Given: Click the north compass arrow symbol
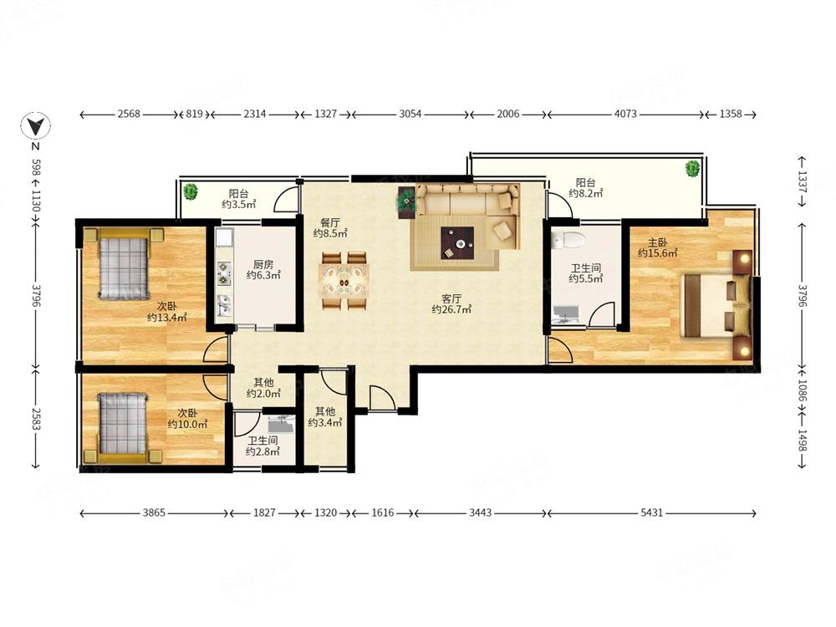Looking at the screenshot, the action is pyautogui.click(x=35, y=126).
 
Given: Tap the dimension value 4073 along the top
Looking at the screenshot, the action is pyautogui.click(x=624, y=114).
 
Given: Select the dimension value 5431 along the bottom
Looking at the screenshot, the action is pyautogui.click(x=651, y=513).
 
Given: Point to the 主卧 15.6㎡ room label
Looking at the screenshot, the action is pyautogui.click(x=657, y=248).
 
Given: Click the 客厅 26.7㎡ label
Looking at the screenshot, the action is pyautogui.click(x=451, y=304).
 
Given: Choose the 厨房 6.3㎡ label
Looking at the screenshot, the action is pyautogui.click(x=263, y=270).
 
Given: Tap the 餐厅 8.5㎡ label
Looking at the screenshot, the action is pyautogui.click(x=330, y=227).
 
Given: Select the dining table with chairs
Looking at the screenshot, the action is pyautogui.click(x=344, y=280).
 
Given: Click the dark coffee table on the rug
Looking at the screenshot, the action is pyautogui.click(x=457, y=242).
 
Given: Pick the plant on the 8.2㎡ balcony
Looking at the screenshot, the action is pyautogui.click(x=692, y=169).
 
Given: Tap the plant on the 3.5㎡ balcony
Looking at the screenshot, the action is pyautogui.click(x=191, y=192).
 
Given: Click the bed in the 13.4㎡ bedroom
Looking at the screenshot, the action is pyautogui.click(x=123, y=263).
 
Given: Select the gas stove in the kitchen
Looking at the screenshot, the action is pyautogui.click(x=224, y=273).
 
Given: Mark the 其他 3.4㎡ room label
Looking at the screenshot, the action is pyautogui.click(x=324, y=417).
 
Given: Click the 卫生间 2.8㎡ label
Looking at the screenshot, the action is pyautogui.click(x=263, y=446).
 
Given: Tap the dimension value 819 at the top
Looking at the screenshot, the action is pyautogui.click(x=194, y=114).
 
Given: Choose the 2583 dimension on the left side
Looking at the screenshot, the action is pyautogui.click(x=36, y=419).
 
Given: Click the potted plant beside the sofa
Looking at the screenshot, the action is pyautogui.click(x=406, y=202).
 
